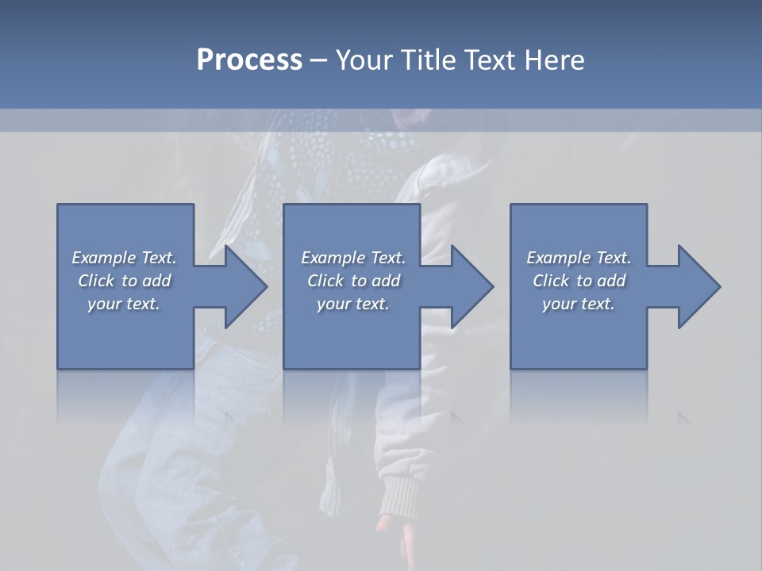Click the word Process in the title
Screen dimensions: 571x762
[249, 60]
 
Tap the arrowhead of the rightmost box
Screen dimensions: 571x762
[698, 286]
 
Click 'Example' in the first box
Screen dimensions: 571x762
[103, 258]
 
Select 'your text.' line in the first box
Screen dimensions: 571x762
[124, 304]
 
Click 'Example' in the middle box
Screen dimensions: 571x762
[333, 258]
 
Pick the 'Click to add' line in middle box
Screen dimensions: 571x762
[353, 281]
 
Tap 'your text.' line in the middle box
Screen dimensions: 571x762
[353, 304]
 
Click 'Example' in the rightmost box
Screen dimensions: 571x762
[558, 258]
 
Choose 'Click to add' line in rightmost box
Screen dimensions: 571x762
[579, 281]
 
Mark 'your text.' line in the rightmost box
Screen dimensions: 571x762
[579, 304]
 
